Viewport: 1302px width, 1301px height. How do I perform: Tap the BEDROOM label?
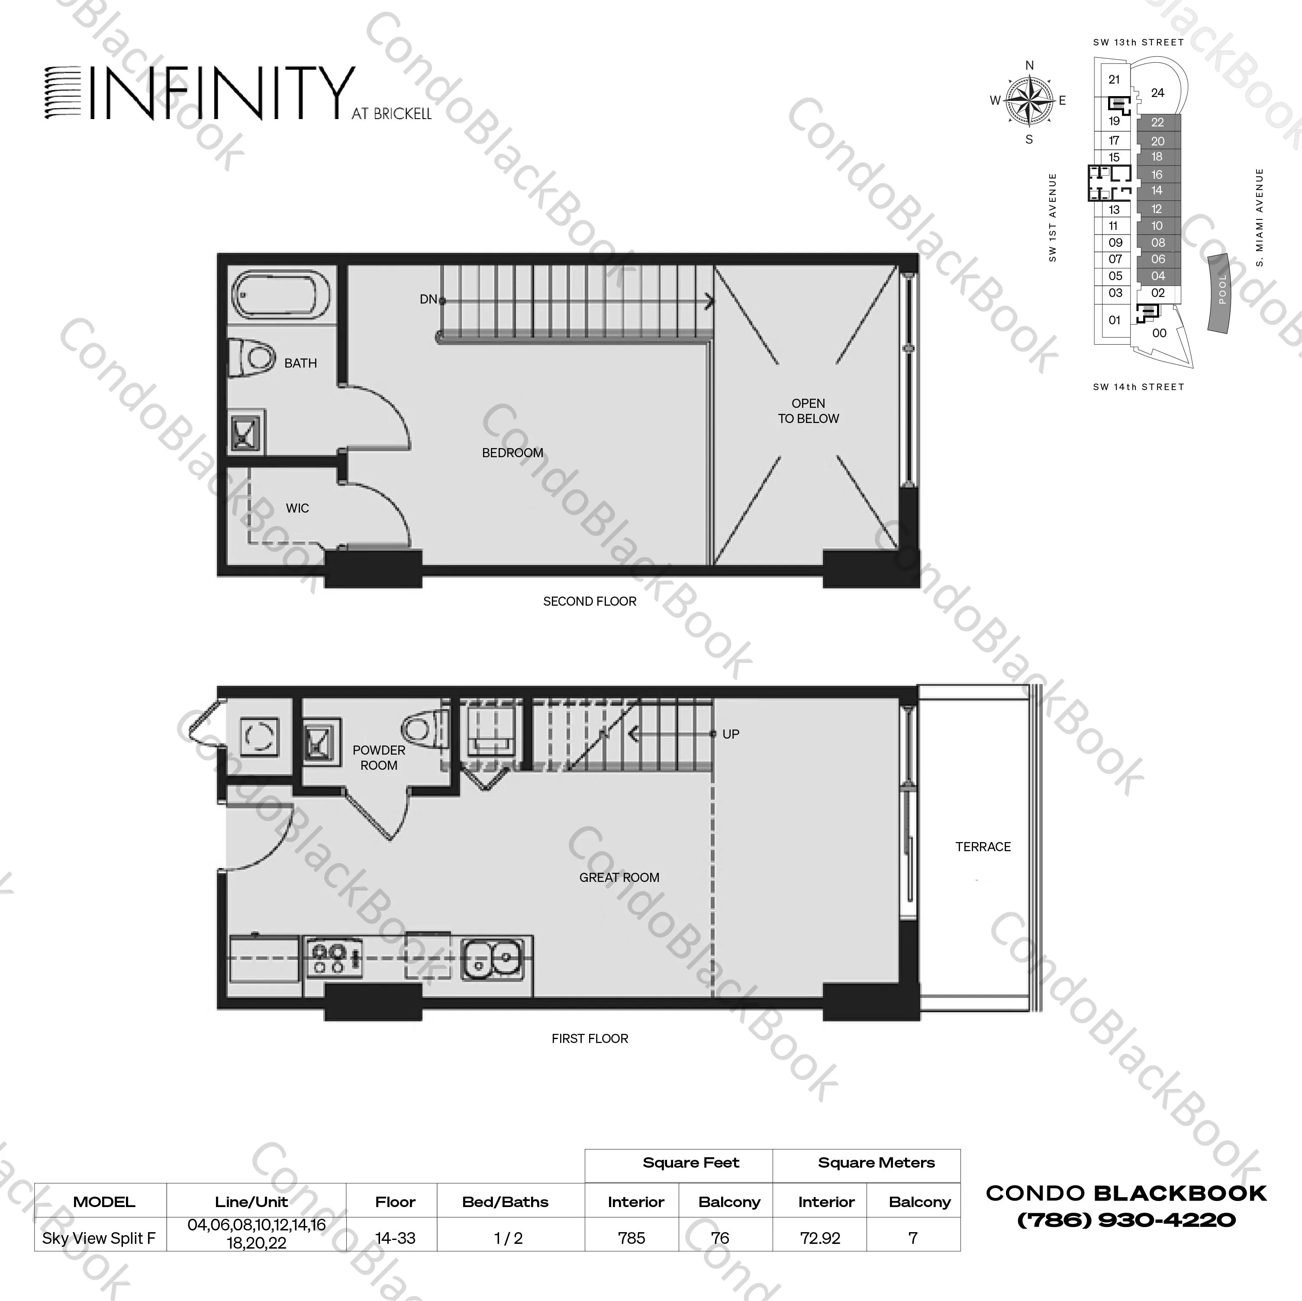[x=512, y=453]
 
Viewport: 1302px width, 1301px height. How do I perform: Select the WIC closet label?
[x=297, y=508]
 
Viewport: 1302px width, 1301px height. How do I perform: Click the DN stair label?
[x=428, y=299]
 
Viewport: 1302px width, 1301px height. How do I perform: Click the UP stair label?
[x=731, y=734]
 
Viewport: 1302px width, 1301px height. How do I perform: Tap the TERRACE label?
[x=983, y=847]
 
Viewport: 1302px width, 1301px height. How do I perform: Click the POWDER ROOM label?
[x=379, y=758]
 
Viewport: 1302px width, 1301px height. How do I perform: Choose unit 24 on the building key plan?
[x=1157, y=93]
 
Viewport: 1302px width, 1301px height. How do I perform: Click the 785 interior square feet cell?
[x=632, y=1238]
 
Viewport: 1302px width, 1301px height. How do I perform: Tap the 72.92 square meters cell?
[x=820, y=1238]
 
